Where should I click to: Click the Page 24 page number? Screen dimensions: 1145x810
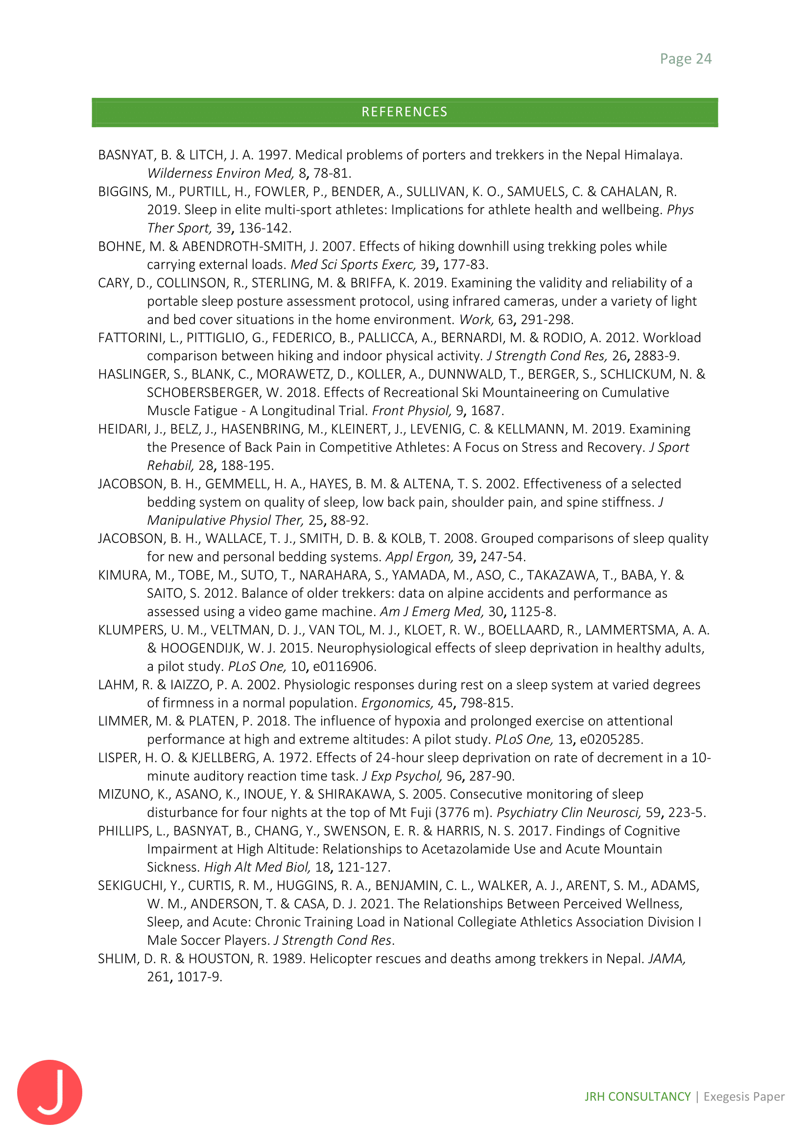coord(685,59)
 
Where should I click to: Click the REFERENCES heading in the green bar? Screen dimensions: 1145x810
coord(405,112)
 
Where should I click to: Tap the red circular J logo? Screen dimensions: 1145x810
coord(50,1092)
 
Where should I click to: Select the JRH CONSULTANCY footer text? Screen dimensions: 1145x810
coord(638,1096)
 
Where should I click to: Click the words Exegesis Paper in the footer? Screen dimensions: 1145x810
coord(744,1096)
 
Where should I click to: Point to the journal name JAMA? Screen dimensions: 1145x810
coord(667,958)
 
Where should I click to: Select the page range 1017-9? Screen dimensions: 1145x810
coord(198,977)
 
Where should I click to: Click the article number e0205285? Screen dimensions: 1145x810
coord(611,739)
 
